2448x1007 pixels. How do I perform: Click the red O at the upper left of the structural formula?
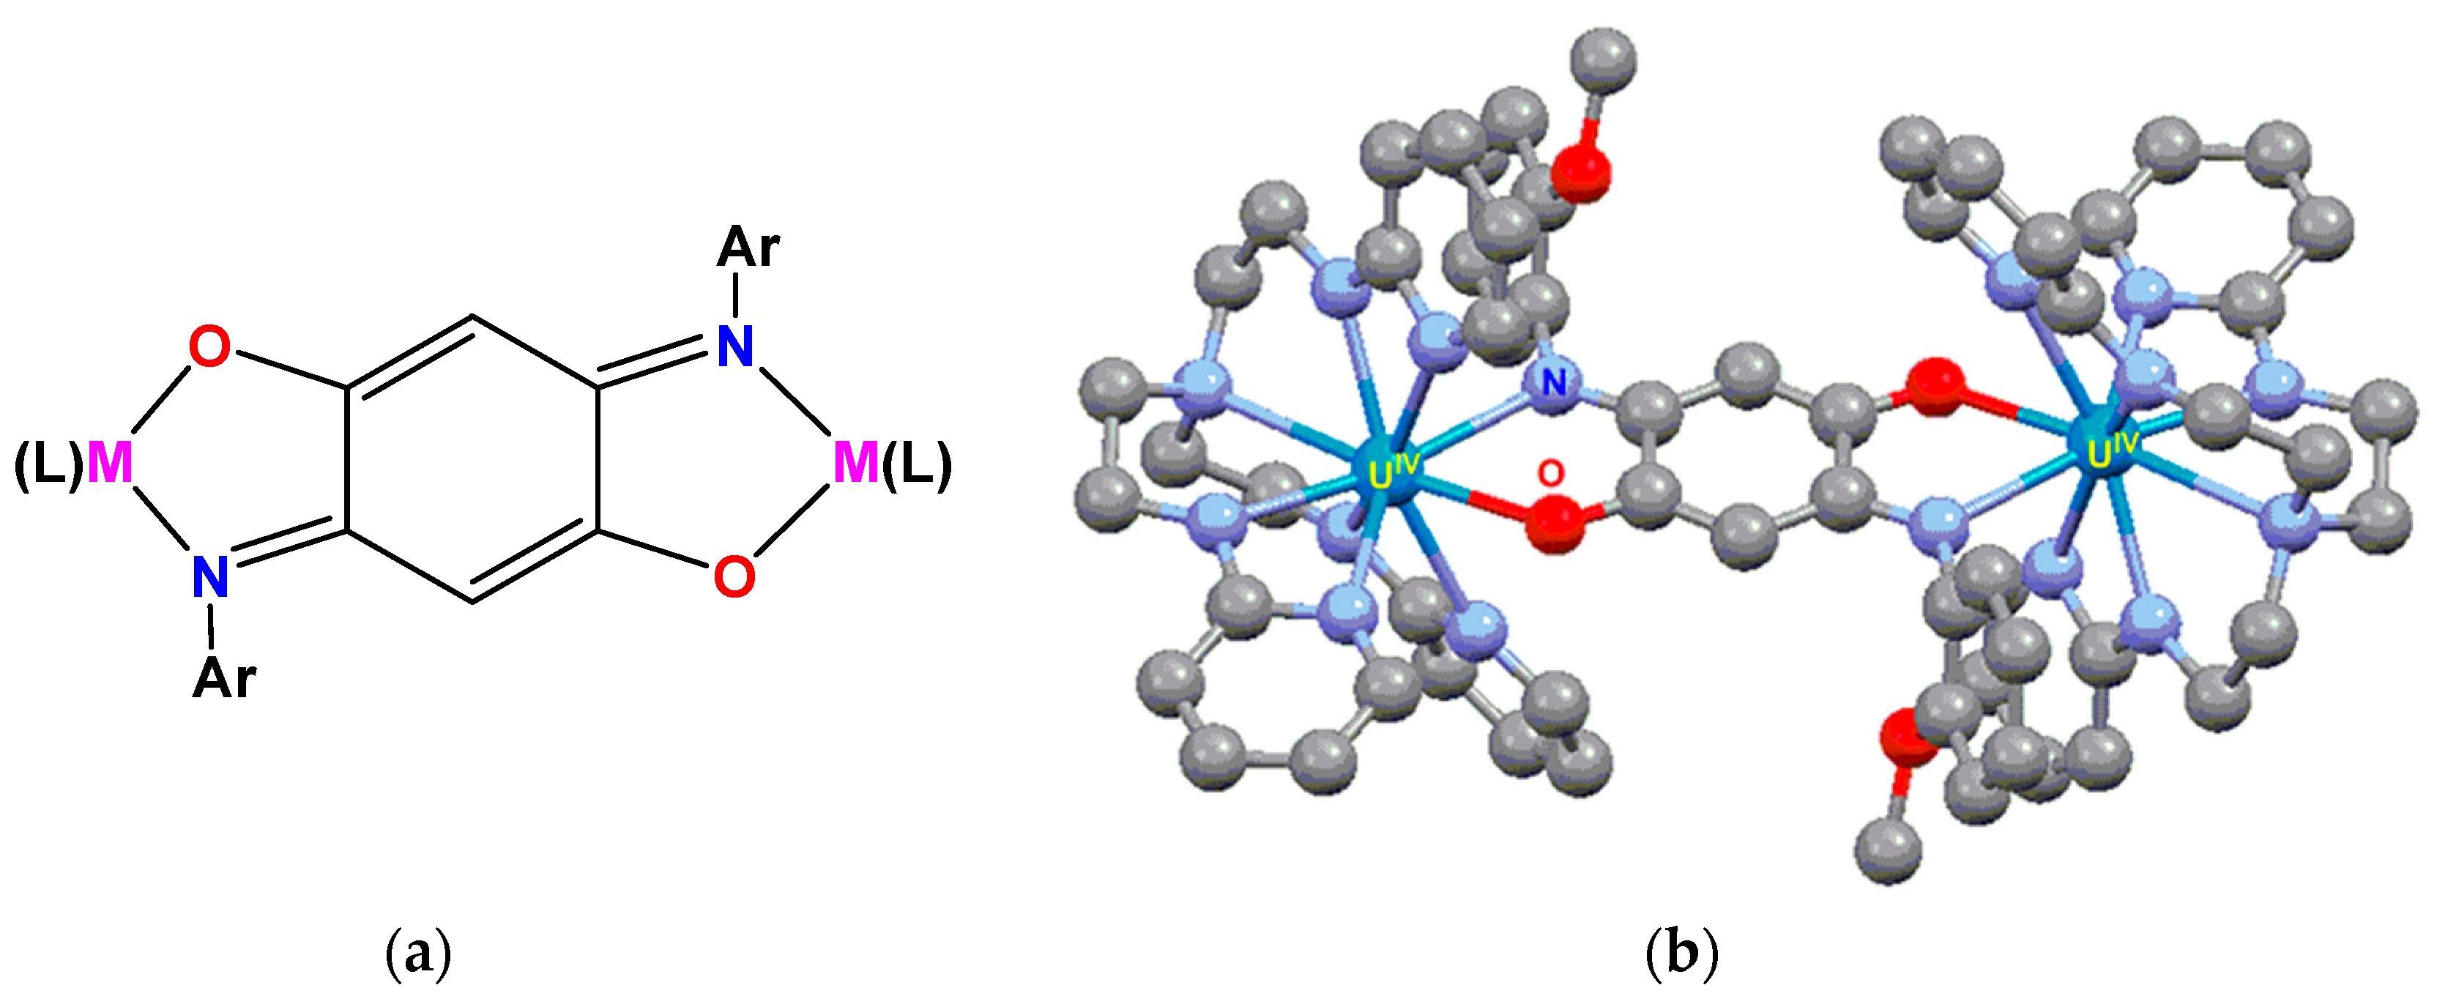click(209, 346)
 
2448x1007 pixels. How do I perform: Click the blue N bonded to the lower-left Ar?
click(210, 576)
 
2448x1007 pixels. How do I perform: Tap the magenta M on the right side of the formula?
click(855, 464)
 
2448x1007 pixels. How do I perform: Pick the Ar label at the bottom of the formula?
click(224, 679)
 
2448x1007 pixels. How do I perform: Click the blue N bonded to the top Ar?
click(734, 346)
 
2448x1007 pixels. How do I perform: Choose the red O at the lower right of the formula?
click(734, 576)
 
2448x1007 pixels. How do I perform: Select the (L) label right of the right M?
click(917, 466)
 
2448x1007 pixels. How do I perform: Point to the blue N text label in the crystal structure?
click(1555, 383)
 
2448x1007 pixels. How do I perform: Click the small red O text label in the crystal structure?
click(1550, 472)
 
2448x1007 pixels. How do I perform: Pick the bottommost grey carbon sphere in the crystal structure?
click(1889, 852)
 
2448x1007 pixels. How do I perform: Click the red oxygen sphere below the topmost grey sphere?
click(1580, 174)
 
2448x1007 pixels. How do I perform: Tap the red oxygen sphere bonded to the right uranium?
click(1937, 387)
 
